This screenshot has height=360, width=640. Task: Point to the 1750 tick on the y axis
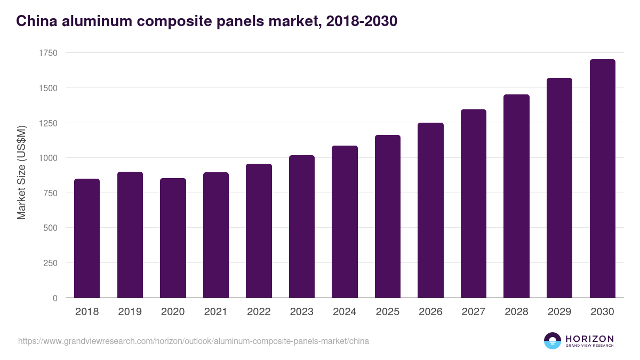[x=48, y=53]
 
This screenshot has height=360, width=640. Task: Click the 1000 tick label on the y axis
[x=48, y=158]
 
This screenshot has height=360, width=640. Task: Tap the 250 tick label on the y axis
[x=50, y=263]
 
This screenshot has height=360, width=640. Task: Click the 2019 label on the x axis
[x=130, y=312]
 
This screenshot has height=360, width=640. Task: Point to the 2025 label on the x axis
[x=387, y=312]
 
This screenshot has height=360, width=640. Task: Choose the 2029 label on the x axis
[x=559, y=312]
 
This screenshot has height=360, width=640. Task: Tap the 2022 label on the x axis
[x=259, y=312]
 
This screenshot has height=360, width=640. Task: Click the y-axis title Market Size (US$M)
[x=21, y=173]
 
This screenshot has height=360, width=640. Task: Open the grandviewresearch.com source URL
[x=194, y=341]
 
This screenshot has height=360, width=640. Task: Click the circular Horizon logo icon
[x=553, y=341]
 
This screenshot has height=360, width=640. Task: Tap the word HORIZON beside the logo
[x=589, y=339]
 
